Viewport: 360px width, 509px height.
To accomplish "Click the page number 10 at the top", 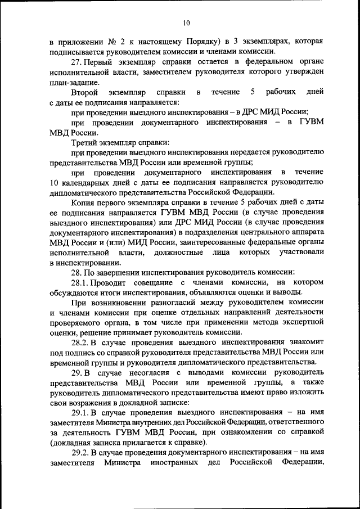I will point(186,23).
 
